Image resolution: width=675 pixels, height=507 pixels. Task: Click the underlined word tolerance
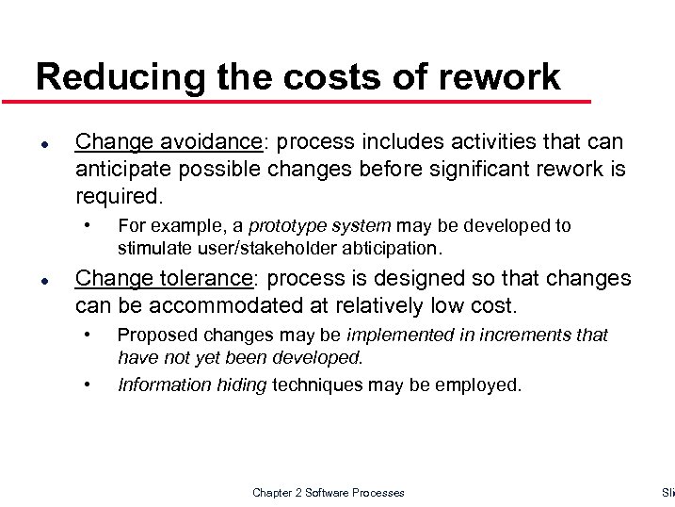(x=209, y=279)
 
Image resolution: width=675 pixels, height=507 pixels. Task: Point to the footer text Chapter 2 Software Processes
(x=328, y=493)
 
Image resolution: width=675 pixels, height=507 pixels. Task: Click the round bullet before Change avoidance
(x=43, y=143)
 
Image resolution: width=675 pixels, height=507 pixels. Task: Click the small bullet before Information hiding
(x=88, y=384)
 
